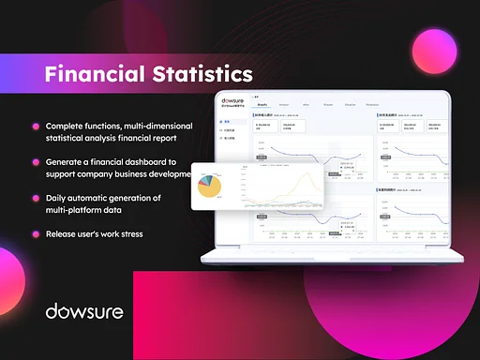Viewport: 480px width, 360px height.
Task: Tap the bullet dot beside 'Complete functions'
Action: pos(36,127)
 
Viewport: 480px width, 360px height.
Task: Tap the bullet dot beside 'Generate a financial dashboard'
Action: pos(36,163)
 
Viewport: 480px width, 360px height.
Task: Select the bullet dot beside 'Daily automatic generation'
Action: pos(36,199)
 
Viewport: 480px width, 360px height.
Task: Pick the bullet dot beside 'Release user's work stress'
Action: pos(36,233)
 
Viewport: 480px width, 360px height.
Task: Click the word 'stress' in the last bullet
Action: pos(127,233)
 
